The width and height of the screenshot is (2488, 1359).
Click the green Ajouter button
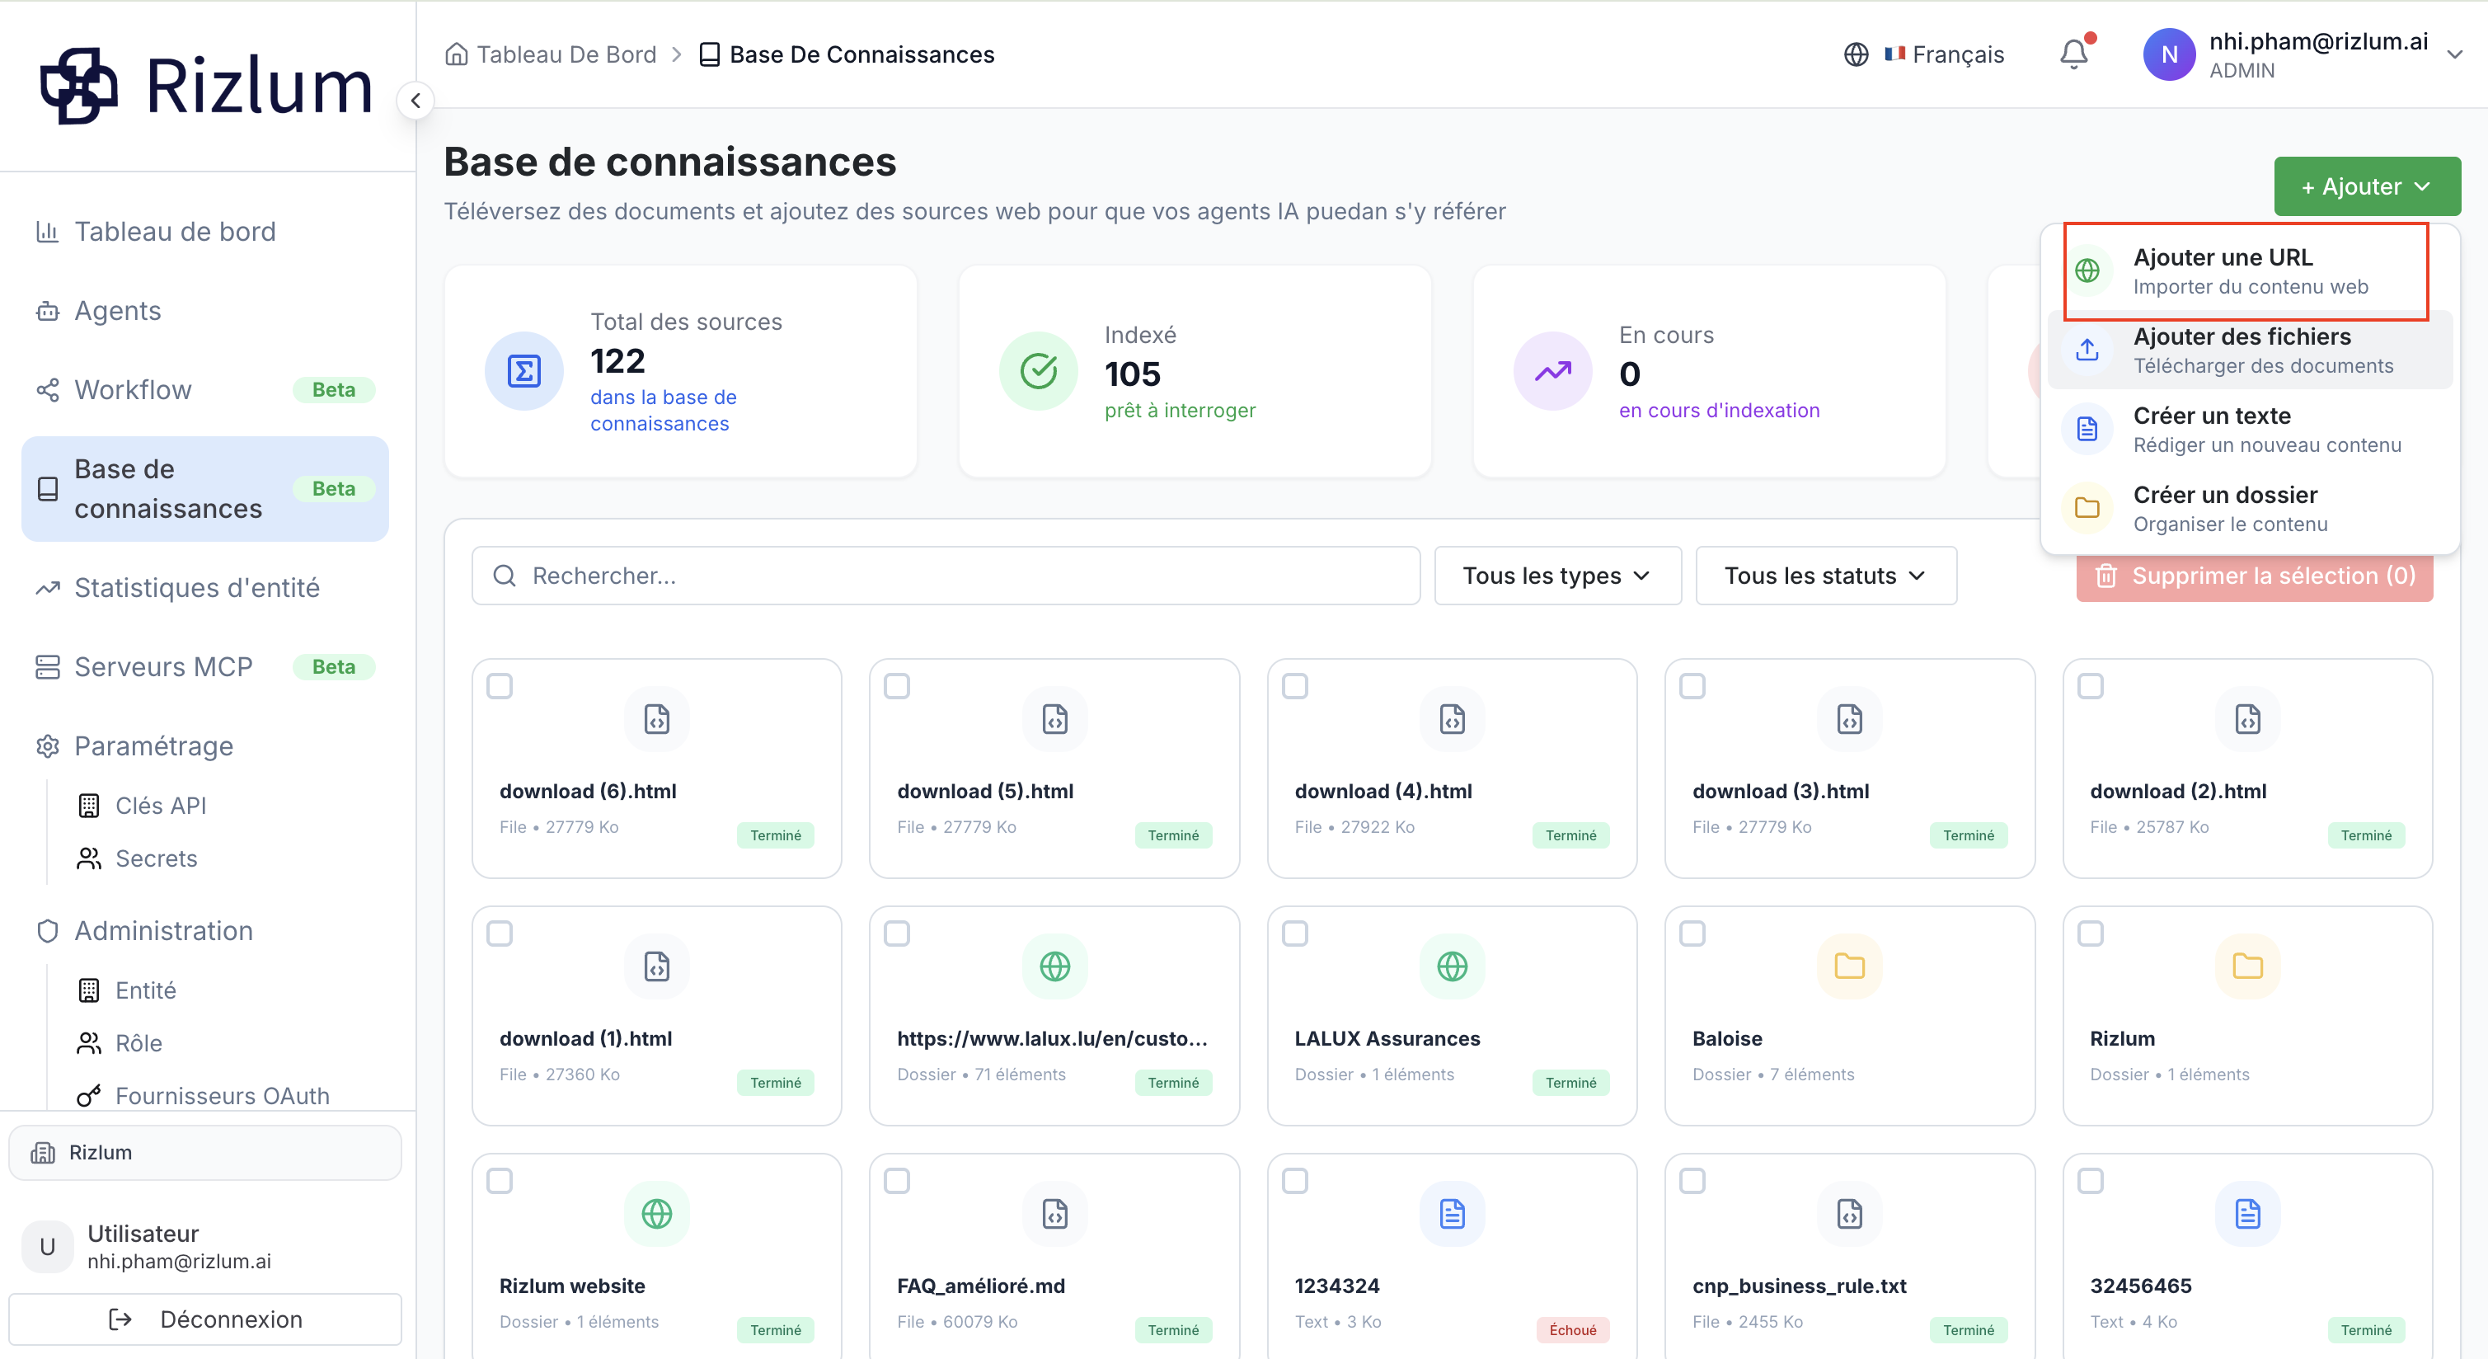(x=2366, y=186)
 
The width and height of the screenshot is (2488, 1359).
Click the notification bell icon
(x=2073, y=54)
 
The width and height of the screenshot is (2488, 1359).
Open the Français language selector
(x=1924, y=54)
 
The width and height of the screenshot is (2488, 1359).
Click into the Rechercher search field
(x=946, y=576)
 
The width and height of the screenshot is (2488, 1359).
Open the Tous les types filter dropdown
(x=1557, y=576)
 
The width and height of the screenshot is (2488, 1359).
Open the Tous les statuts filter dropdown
(x=1825, y=576)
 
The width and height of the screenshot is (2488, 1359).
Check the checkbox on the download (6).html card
(x=500, y=686)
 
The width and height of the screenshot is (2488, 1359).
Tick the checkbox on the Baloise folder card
(x=1692, y=933)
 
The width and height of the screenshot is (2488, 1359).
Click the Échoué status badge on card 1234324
(x=1572, y=1330)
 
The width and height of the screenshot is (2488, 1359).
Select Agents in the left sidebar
(x=117, y=311)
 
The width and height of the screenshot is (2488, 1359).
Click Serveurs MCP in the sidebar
(x=162, y=666)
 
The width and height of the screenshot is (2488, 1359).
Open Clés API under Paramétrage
(x=160, y=806)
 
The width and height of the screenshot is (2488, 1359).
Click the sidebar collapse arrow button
(x=415, y=101)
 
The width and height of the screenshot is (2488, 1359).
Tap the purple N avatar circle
(x=2169, y=55)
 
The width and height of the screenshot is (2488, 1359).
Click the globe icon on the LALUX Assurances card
(x=1452, y=966)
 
